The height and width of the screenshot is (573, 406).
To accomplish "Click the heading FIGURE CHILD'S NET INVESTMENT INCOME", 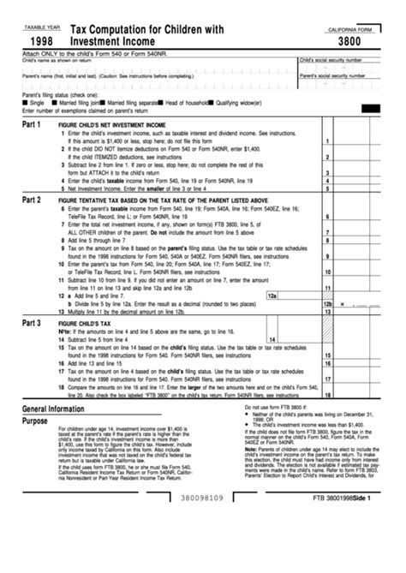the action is click(x=111, y=124).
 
